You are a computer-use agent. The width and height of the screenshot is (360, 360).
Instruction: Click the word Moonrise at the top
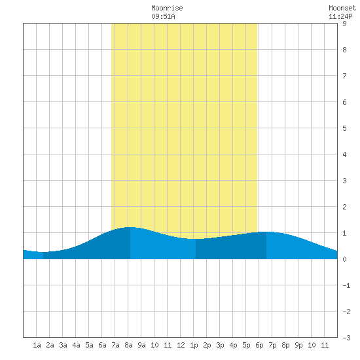[167, 8]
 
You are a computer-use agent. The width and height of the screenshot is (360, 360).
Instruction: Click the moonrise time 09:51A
[163, 16]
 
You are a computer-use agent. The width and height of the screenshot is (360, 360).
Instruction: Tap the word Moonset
[342, 8]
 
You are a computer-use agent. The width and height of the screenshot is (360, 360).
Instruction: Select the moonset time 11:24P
[340, 16]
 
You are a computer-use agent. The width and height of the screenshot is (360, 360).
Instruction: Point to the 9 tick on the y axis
[344, 24]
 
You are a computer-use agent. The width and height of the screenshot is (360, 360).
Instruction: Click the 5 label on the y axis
[344, 128]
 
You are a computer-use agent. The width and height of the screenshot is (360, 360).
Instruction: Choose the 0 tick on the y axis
[344, 259]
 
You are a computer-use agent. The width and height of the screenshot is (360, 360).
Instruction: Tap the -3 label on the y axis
[346, 338]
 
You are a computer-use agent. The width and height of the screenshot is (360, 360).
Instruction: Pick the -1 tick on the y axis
[346, 285]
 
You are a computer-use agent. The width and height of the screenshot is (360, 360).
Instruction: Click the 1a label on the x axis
[37, 345]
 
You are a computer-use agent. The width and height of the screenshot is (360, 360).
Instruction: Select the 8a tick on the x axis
[128, 345]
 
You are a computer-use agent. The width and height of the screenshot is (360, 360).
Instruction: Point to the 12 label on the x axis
[181, 345]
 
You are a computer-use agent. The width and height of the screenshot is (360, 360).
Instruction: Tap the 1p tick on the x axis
[194, 345]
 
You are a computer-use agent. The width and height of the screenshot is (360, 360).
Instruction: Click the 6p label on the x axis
[259, 345]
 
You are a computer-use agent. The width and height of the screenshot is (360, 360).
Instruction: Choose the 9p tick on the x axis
[298, 345]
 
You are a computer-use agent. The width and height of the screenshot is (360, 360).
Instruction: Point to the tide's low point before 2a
[43, 252]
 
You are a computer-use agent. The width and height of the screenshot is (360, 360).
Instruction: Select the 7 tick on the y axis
[344, 76]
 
